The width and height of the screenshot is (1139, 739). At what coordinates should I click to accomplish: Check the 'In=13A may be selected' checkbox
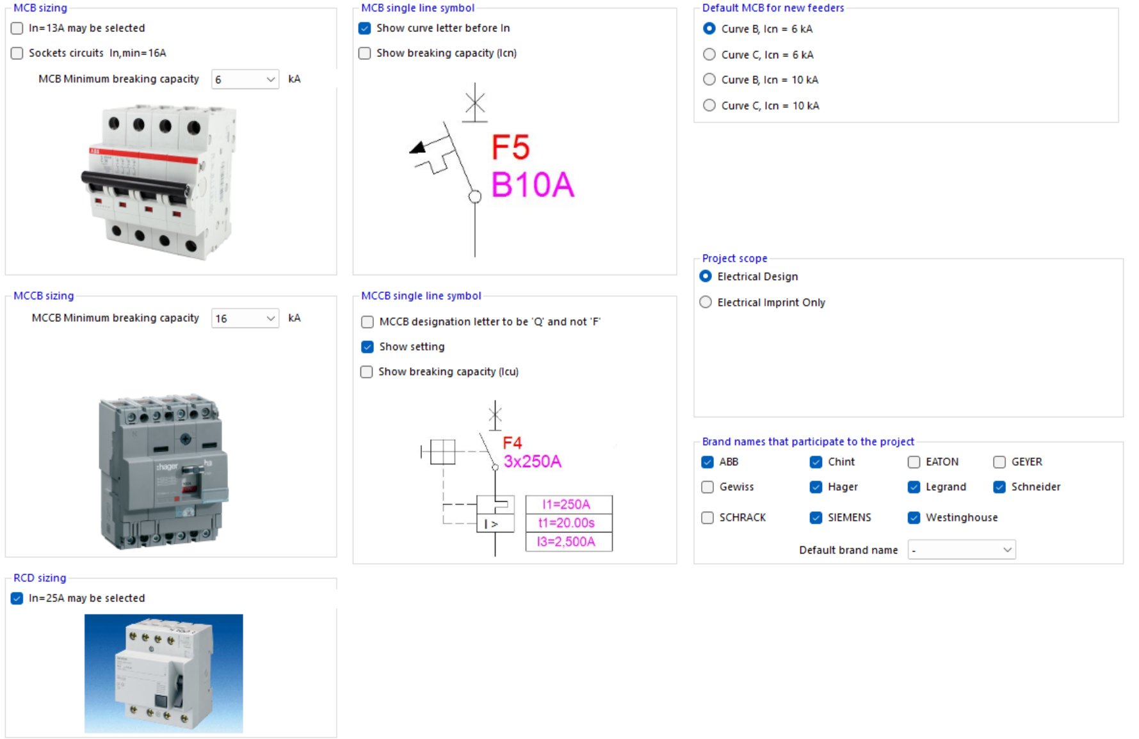pos(17,28)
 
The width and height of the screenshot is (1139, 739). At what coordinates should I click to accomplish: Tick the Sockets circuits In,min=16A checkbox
pos(17,53)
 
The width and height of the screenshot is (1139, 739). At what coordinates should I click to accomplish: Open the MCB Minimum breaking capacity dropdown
pos(245,79)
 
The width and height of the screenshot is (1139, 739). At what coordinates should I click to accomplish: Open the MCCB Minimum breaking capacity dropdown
pos(245,318)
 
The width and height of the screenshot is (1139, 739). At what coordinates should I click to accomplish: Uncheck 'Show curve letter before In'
pos(365,28)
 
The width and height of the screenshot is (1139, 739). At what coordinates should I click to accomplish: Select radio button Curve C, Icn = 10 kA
pos(709,106)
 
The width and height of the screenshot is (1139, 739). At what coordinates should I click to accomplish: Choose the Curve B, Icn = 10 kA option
pos(709,79)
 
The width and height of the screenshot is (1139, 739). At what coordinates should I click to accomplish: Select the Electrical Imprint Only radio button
pos(706,302)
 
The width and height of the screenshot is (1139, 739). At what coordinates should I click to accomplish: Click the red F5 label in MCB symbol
pos(510,148)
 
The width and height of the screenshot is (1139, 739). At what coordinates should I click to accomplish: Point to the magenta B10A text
pos(532,185)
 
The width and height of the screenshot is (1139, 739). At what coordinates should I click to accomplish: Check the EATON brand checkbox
pos(914,462)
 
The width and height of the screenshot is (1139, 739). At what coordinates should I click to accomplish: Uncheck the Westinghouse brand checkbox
pos(914,518)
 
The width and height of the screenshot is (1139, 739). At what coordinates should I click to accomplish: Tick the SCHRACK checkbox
pos(707,518)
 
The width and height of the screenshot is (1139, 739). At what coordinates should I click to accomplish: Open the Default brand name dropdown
pos(962,550)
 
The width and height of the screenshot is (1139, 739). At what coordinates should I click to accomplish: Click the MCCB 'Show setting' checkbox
pos(368,347)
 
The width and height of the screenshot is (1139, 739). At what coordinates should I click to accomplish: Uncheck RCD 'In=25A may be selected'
pos(17,598)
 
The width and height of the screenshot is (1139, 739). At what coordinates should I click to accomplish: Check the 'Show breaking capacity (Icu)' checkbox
pos(367,372)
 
